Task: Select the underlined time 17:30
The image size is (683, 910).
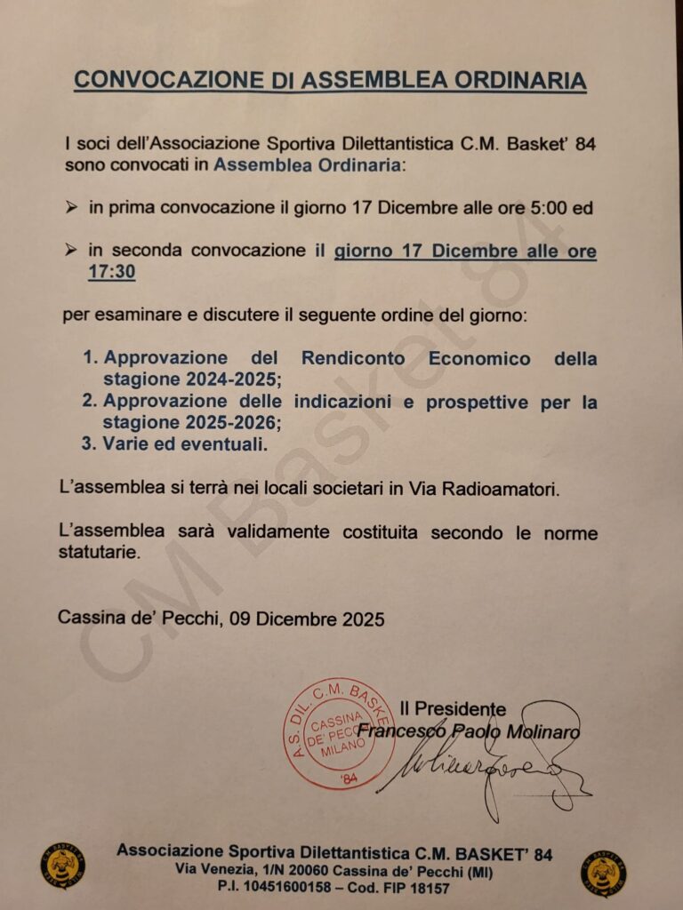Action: [x=111, y=273]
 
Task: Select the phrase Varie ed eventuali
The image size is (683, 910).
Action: [x=185, y=443]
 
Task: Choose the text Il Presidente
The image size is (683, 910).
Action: [x=453, y=709]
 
